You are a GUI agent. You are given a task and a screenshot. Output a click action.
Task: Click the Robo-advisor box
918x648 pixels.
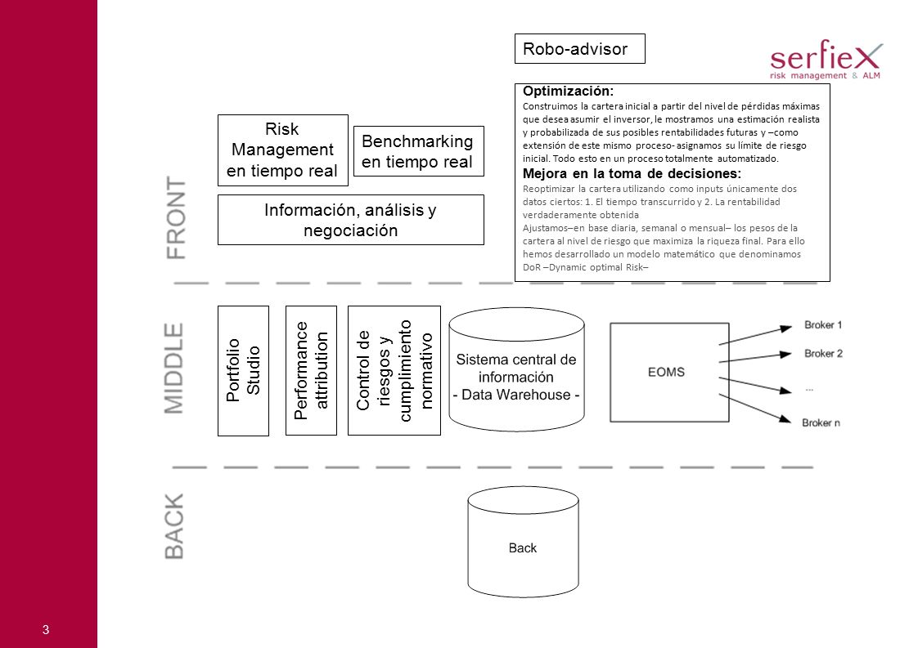579,48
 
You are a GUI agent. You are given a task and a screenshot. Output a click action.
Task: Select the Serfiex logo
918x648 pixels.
826,60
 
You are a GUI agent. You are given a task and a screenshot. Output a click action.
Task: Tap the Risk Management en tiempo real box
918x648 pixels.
283,150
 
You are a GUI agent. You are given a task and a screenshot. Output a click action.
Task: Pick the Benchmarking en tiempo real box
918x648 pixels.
419,151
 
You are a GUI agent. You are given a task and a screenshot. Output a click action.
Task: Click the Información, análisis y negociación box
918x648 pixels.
351,220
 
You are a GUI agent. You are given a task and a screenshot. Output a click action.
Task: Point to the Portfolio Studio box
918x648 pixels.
243,371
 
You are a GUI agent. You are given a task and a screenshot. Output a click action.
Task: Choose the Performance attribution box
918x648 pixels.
311,371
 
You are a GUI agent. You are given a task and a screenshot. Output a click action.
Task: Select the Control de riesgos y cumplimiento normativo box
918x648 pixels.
394,371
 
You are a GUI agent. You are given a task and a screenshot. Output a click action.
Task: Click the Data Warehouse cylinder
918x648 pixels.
516,369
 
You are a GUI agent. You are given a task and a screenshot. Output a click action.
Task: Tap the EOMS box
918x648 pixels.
669,373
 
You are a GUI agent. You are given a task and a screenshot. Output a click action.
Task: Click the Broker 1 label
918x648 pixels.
822,325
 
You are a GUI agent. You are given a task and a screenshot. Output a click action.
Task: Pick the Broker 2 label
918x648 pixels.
823,353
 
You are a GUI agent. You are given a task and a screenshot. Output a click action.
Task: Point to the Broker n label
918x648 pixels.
821,422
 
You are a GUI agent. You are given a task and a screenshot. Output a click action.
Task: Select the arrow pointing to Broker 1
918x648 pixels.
755,336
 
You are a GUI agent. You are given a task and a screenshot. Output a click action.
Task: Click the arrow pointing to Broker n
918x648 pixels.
754,409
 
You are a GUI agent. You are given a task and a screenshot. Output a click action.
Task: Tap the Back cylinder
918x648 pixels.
523,542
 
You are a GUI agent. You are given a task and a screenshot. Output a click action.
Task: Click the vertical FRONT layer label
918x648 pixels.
176,217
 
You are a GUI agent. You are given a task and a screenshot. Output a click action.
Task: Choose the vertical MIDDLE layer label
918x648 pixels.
174,369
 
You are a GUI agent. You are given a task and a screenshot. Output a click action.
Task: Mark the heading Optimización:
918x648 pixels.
568,92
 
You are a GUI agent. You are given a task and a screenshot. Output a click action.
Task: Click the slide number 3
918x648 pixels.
46,630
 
